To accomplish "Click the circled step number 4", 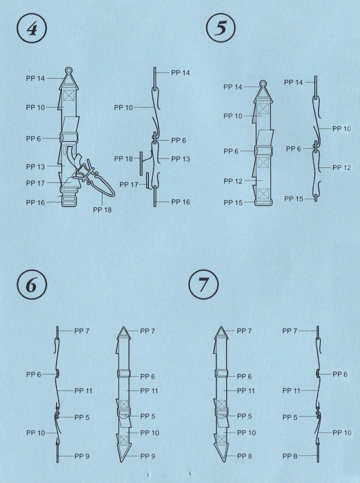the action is [32, 29].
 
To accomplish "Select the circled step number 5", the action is [220, 28].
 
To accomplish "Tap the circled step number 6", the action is [32, 285].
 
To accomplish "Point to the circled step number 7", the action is [203, 284].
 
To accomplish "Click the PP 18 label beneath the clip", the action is [102, 210].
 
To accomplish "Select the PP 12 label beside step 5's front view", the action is [233, 181].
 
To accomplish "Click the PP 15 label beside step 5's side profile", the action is [294, 199].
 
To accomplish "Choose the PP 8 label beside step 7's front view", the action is [244, 456].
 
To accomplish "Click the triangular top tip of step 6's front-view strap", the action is [124, 327].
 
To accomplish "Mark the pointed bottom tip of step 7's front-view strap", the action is [221, 461].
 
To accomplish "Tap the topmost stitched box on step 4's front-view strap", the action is [68, 95].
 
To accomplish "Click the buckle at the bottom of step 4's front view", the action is [68, 199].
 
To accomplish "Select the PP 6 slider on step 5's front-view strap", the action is [264, 151].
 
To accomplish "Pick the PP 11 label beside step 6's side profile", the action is [83, 390].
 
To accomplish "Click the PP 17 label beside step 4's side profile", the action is [128, 184].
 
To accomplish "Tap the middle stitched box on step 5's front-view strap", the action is [263, 162].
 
